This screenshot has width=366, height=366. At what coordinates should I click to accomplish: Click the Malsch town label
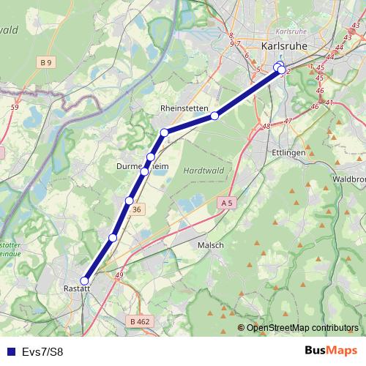(x=210, y=246)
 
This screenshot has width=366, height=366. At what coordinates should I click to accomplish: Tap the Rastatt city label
(x=77, y=289)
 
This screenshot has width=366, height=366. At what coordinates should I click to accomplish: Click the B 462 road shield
(x=139, y=321)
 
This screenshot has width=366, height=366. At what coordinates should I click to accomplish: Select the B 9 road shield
(x=48, y=62)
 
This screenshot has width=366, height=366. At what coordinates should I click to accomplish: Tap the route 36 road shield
(x=137, y=210)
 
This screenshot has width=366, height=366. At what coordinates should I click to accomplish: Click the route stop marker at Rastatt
(x=84, y=280)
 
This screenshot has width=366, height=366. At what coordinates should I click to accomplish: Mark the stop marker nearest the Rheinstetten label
(x=214, y=116)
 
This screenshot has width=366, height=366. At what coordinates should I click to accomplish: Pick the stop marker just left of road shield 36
(x=129, y=201)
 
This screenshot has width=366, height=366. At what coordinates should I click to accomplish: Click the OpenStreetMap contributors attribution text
(x=302, y=327)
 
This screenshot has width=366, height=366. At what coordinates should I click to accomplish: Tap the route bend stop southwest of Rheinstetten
(x=165, y=132)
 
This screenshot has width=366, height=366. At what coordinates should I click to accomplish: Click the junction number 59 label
(x=15, y=108)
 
